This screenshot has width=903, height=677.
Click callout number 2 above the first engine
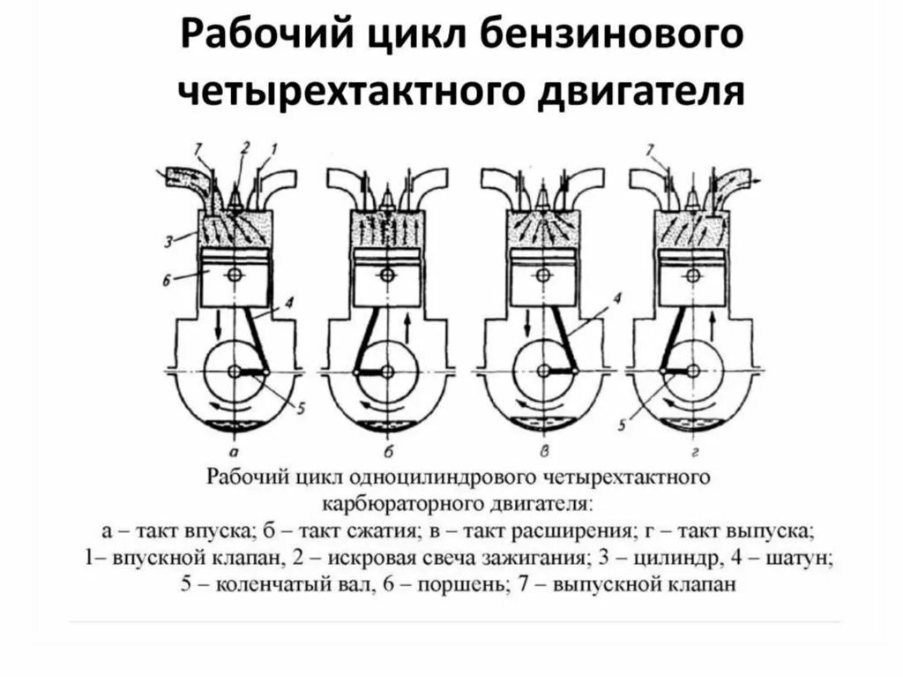pyautogui.click(x=245, y=147)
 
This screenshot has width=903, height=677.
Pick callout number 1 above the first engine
pyautogui.click(x=274, y=147)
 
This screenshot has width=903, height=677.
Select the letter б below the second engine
pyautogui.click(x=385, y=448)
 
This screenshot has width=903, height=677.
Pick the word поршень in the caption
pyautogui.click(x=463, y=583)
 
